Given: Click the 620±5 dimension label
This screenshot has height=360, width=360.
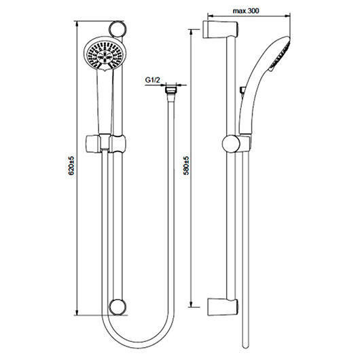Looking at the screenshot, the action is click(x=71, y=166).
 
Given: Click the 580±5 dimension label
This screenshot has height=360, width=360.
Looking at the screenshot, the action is click(x=186, y=166).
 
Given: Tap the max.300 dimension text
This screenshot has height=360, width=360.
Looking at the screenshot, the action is click(x=246, y=11).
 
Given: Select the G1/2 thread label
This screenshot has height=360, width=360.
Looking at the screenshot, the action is click(x=152, y=80).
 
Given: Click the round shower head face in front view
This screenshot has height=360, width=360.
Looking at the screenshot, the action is click(x=105, y=56).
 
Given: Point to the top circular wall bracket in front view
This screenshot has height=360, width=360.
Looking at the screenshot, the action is click(x=118, y=29).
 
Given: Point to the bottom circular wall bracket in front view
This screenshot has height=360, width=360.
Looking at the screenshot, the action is click(x=118, y=308).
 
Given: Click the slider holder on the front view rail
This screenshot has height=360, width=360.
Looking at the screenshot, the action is click(x=105, y=143).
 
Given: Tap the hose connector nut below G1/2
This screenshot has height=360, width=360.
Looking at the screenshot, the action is click(x=170, y=89).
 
